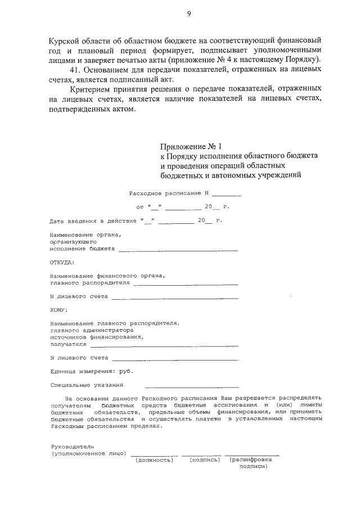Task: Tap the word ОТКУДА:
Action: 61,262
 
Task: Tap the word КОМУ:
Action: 58,310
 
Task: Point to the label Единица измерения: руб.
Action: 91,371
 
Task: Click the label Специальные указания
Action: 86,385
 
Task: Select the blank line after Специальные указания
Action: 191,387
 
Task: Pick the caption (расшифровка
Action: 251,460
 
